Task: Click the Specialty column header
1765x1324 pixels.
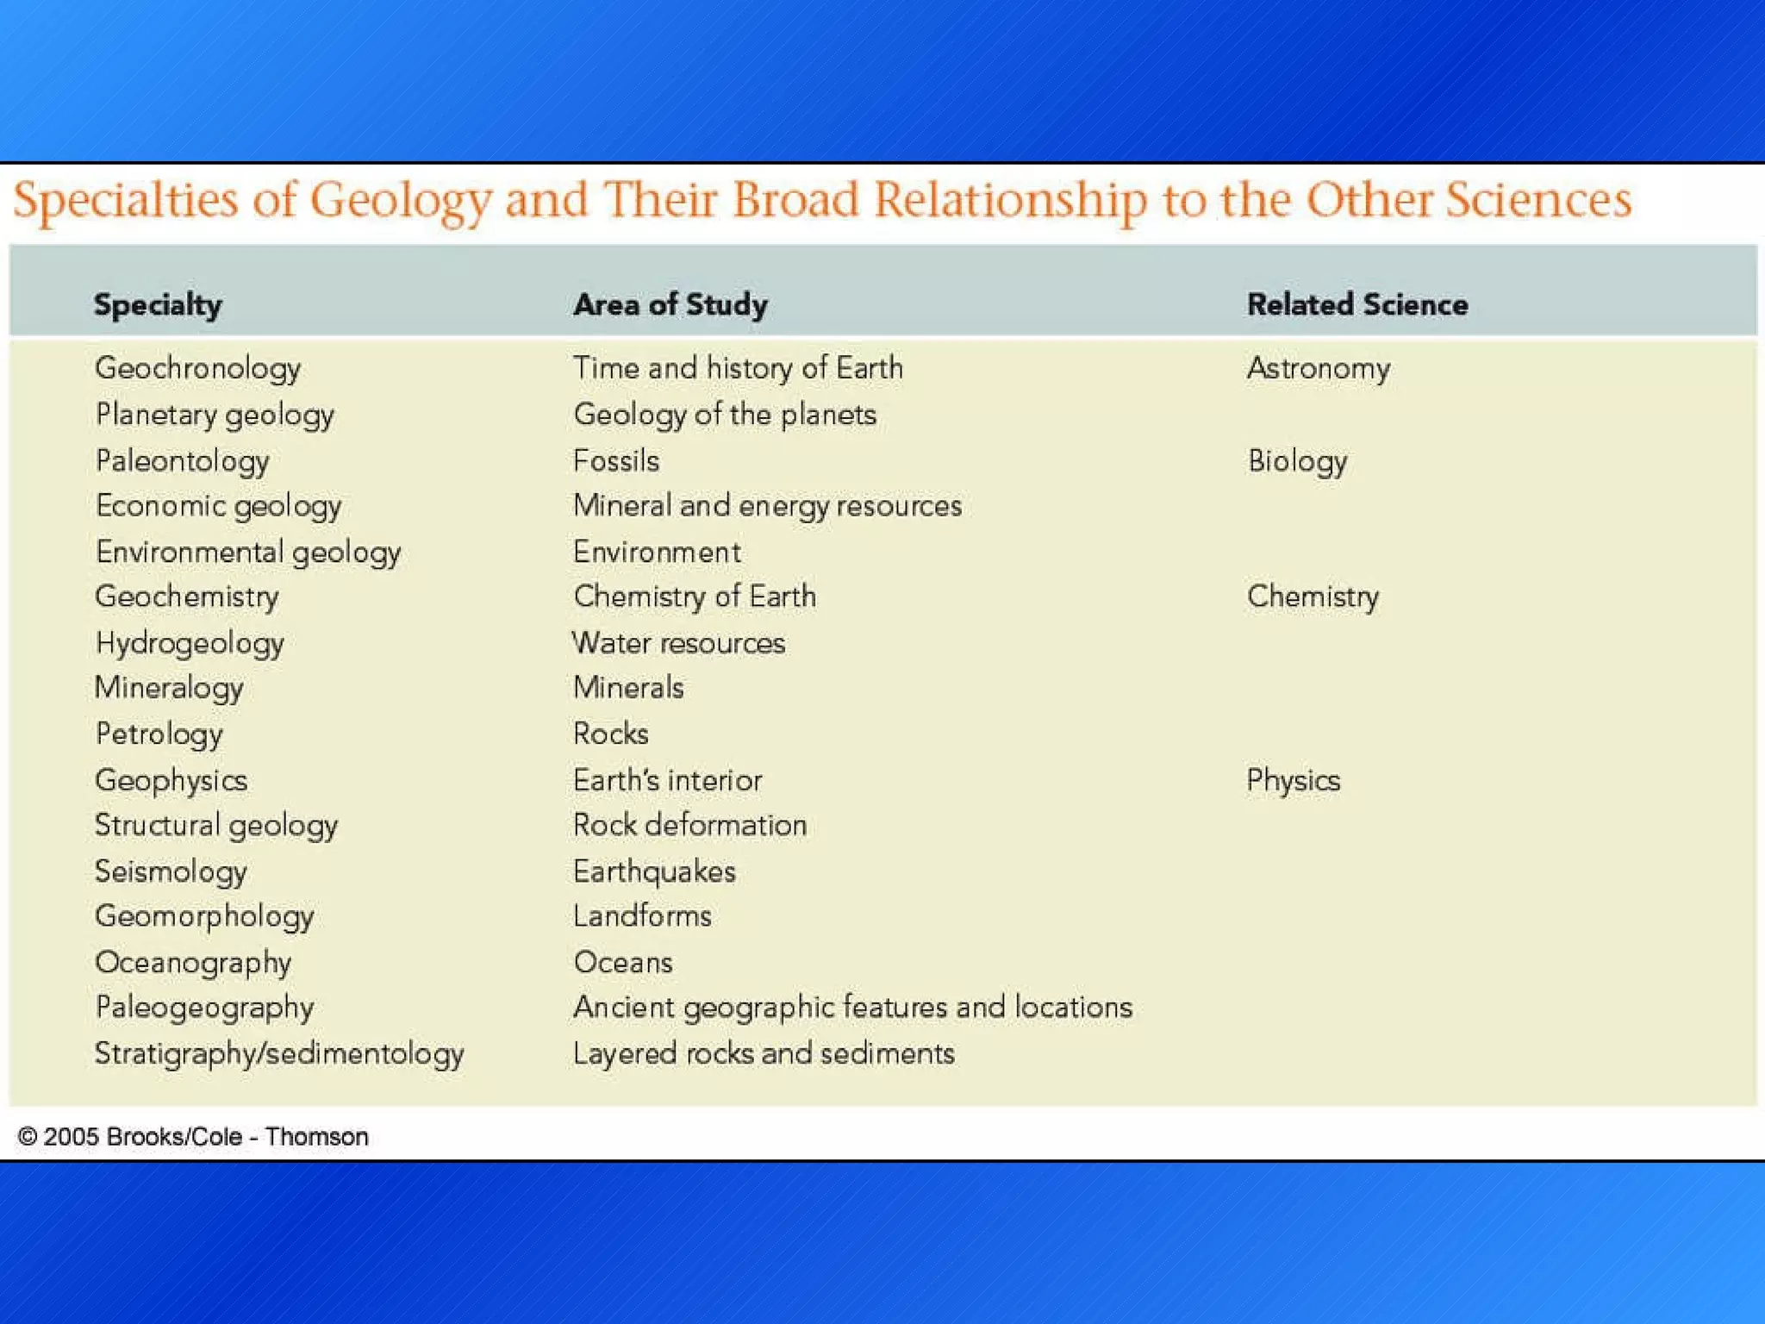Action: tap(158, 305)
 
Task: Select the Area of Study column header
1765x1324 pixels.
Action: tap(670, 305)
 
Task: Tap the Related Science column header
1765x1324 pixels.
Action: tap(1357, 305)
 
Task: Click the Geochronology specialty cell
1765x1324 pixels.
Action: tap(197, 369)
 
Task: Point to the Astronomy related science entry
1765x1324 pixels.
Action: tap(1318, 369)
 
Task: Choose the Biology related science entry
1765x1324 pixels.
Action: tap(1297, 461)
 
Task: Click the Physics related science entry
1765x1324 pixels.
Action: tap(1293, 781)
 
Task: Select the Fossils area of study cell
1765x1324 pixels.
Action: tap(616, 461)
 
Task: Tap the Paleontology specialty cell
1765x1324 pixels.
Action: tap(182, 461)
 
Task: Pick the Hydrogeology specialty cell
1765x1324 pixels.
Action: tap(190, 644)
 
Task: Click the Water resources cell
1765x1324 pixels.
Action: tap(679, 644)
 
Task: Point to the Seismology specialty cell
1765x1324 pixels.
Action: tap(171, 872)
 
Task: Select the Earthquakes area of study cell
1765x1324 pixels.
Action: tap(654, 872)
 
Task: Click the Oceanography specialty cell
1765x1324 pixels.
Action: tap(193, 963)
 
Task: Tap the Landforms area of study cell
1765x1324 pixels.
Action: tap(642, 916)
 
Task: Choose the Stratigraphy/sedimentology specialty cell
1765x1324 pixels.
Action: tap(279, 1054)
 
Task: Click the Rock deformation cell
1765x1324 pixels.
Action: tap(689, 826)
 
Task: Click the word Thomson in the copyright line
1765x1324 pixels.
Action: tap(316, 1137)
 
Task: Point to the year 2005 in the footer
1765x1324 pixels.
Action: tap(70, 1137)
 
